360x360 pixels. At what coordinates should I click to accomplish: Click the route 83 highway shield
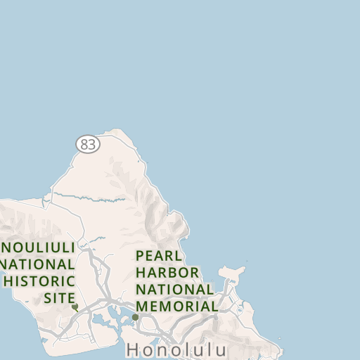pos(88,144)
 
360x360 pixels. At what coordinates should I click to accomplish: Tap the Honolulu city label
pos(176,349)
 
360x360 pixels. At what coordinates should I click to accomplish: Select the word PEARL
pos(160,255)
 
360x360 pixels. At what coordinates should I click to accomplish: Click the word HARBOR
pos(167,272)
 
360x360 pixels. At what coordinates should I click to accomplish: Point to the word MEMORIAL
pos(176,307)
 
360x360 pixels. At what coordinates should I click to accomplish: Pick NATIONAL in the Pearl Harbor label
pos(175,289)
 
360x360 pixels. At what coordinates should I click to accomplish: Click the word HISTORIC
pos(39,281)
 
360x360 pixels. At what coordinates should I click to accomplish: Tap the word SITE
pos(59,298)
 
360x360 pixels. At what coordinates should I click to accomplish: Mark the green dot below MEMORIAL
pos(135,317)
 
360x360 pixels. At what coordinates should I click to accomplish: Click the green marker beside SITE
pos(75,307)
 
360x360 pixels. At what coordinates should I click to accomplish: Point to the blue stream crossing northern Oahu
pos(98,200)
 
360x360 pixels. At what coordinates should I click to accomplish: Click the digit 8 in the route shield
pos(84,144)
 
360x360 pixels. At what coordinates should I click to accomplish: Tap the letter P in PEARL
pos(141,255)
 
